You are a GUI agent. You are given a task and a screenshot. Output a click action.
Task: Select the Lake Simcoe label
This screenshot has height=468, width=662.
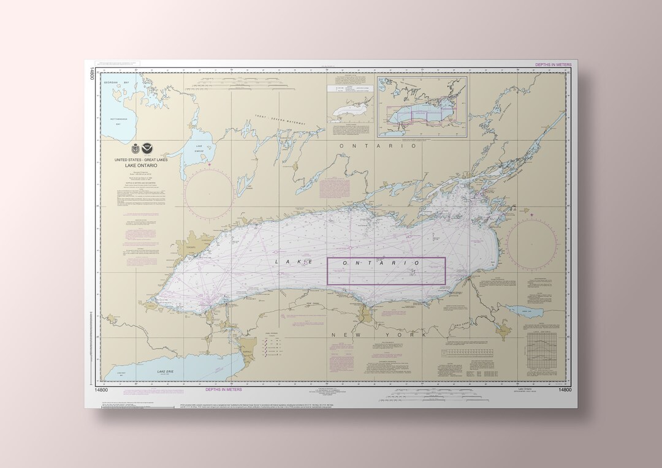[199, 147]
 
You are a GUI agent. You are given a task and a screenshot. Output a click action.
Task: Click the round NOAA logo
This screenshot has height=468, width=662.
[146, 149]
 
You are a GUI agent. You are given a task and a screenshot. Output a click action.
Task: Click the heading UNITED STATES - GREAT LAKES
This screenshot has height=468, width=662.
[141, 160]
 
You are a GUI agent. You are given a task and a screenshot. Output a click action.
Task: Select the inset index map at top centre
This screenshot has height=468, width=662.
[422, 106]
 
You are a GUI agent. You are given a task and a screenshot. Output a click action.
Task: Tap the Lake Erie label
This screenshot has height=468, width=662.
[165, 372]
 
